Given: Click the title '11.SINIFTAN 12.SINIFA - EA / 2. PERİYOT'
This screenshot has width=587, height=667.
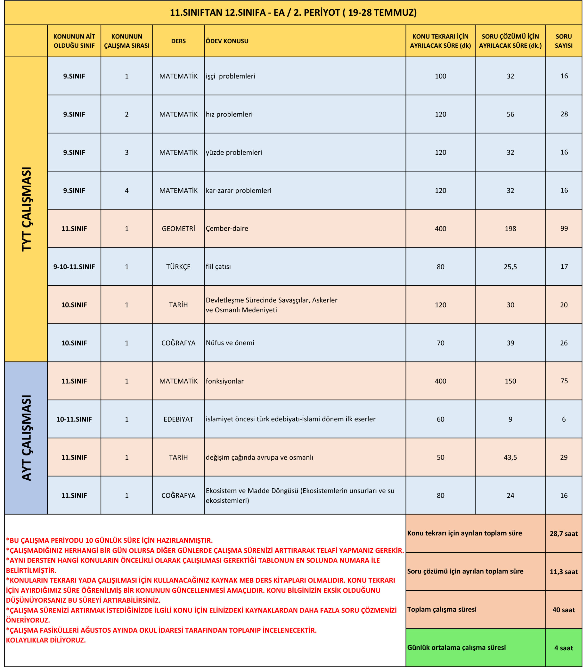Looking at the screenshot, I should click(x=293, y=13).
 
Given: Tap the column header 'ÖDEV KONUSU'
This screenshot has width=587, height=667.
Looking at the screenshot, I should click(x=227, y=41).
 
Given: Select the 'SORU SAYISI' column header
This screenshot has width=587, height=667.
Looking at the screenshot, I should click(x=564, y=41).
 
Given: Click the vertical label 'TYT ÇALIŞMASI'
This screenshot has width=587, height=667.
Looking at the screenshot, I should click(x=26, y=209).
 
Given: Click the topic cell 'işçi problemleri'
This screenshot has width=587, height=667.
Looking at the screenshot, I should click(x=230, y=76).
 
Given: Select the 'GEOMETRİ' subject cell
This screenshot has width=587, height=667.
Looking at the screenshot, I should click(x=178, y=229).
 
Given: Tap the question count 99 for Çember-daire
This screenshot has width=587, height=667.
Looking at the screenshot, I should click(x=564, y=228).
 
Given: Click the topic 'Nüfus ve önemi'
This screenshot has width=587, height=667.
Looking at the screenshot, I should click(x=230, y=343).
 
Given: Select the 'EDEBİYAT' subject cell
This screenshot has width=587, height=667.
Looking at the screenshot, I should click(x=178, y=419).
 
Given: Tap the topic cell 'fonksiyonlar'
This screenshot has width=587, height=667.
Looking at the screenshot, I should click(x=225, y=381).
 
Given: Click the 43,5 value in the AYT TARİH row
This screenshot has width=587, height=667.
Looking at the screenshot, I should click(x=510, y=458).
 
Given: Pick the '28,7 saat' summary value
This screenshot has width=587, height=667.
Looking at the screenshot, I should click(x=564, y=534).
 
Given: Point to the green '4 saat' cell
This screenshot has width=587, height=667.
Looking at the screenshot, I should click(x=564, y=648).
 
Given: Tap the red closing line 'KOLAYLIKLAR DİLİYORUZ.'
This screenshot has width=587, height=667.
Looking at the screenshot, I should click(x=46, y=640).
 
